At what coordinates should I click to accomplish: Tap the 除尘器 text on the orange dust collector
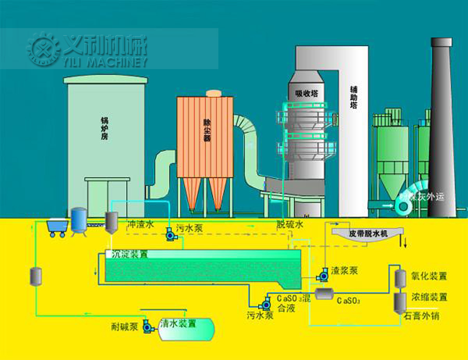tap(206, 131)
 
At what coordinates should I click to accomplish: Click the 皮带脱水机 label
tap(369, 234)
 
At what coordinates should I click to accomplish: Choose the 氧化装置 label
tap(429, 276)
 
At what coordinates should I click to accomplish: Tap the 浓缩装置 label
tap(429, 298)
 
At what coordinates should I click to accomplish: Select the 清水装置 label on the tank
tap(178, 324)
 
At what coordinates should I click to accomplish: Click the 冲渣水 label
tap(141, 225)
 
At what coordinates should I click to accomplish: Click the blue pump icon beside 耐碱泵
tap(147, 327)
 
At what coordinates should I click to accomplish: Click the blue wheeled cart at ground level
tap(57, 227)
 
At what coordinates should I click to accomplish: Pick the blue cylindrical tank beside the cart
tap(79, 219)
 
